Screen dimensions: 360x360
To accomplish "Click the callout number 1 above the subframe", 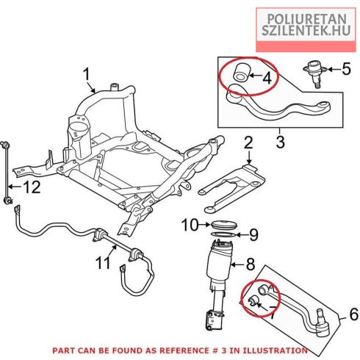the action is (87, 75).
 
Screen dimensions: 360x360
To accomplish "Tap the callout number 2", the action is (248, 143).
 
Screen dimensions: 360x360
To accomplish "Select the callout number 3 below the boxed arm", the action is (280, 142).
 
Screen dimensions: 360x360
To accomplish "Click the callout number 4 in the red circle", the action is (267, 79).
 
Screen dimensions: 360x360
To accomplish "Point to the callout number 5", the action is (346, 69).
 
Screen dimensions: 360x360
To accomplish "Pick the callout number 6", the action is (354, 314).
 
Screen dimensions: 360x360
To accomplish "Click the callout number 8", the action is (250, 264).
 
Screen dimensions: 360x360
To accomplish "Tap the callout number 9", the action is (253, 234).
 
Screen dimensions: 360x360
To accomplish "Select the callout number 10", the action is (190, 225).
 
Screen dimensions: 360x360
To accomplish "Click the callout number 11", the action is (103, 263).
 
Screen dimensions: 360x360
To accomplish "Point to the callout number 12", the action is (32, 187).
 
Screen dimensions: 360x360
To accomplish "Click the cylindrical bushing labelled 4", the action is (241, 72).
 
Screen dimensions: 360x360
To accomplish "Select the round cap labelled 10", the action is (224, 225).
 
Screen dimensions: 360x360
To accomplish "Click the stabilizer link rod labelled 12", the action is (7, 173).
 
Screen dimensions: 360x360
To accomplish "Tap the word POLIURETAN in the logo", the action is (306, 19).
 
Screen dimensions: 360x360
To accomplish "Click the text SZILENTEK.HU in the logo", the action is (306, 30).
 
